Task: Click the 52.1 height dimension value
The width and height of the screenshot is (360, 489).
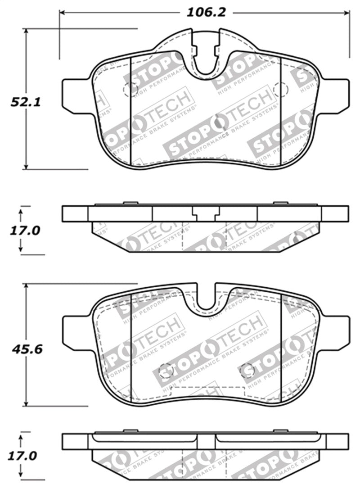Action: coord(26,102)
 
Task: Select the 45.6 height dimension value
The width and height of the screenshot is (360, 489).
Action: coord(27,349)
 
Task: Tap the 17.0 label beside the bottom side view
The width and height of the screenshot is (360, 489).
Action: coord(24,456)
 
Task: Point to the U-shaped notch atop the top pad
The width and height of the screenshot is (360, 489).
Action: coord(206,59)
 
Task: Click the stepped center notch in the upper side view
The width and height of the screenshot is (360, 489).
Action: coord(206,213)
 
